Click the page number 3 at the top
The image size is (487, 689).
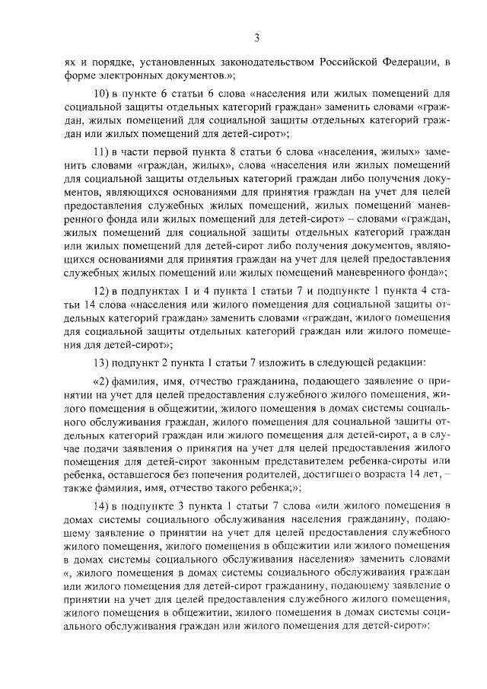[256, 38]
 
